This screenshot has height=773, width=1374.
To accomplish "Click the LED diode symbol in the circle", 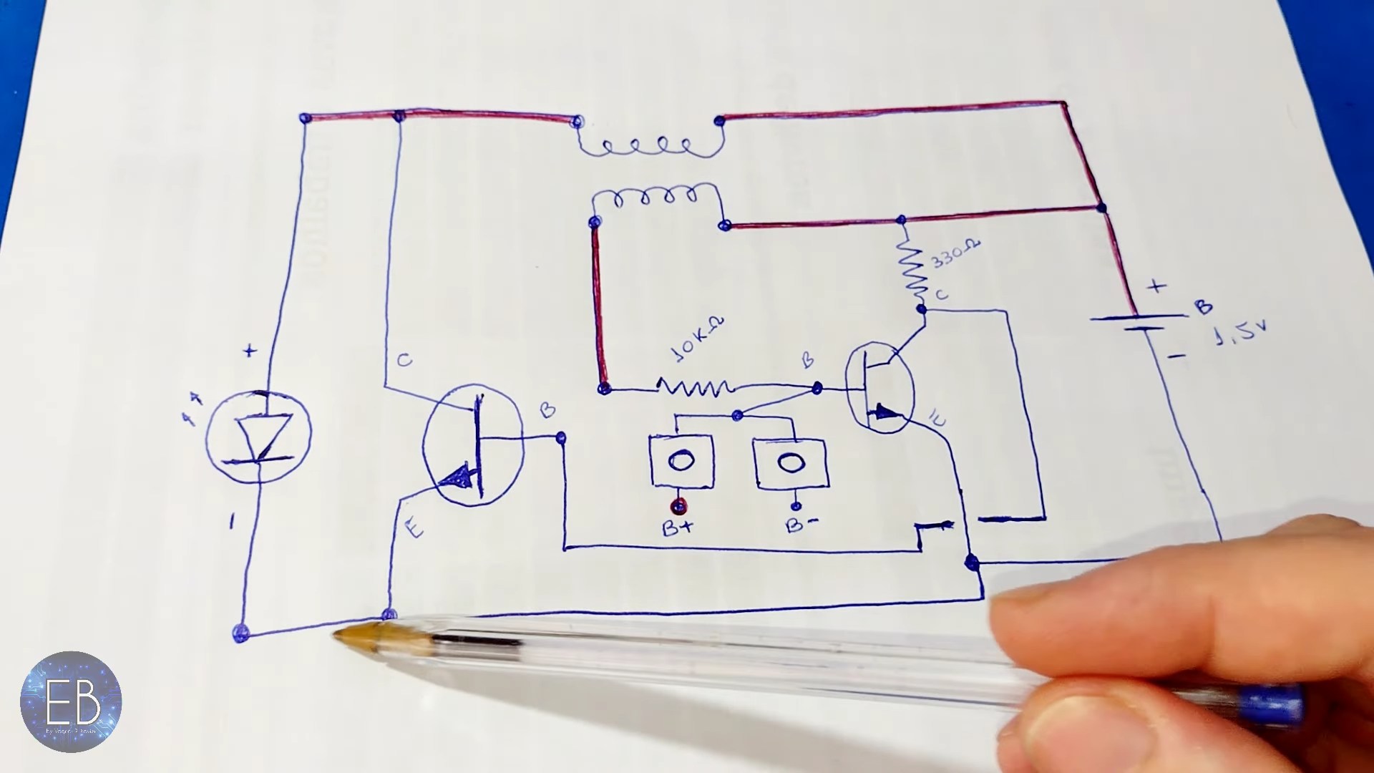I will click(258, 434).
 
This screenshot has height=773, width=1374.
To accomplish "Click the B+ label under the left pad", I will click(677, 529).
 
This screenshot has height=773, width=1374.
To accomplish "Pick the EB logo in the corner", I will click(70, 701).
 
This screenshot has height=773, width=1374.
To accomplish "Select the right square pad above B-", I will click(789, 463).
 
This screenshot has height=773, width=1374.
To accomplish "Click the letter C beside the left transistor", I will click(404, 360).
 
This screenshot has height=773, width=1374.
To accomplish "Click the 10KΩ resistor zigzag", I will click(695, 388).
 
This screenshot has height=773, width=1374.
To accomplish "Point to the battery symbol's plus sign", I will click(1156, 286).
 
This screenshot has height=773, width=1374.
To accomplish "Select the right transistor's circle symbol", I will click(880, 389).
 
